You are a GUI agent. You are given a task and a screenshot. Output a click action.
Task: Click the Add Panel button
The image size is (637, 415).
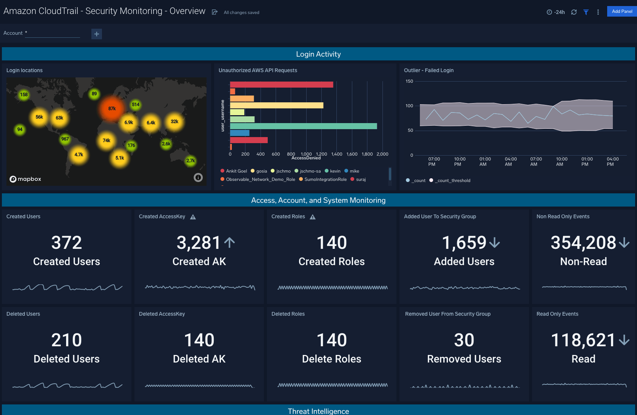pyautogui.click(x=622, y=11)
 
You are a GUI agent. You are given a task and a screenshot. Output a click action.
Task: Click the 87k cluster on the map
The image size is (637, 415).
pyautogui.click(x=112, y=109)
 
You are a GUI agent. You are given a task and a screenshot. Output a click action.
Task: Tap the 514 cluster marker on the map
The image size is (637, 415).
pyautogui.click(x=136, y=105)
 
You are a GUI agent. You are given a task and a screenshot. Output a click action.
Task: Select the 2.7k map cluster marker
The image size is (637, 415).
pyautogui.click(x=191, y=160)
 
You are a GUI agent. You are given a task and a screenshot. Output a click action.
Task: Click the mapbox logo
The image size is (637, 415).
pyautogui.click(x=25, y=179)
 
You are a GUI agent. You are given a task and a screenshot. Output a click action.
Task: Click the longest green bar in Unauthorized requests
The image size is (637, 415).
pyautogui.click(x=303, y=126)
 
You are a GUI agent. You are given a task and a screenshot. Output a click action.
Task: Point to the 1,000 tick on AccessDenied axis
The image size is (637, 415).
pyautogui.click(x=306, y=154)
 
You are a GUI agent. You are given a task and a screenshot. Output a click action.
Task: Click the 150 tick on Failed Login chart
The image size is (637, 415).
pyautogui.click(x=409, y=81)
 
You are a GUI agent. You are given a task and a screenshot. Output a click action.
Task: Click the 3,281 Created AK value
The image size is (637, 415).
pyautogui.click(x=199, y=243)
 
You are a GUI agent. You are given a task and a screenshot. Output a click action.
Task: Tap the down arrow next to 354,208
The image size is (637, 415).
pyautogui.click(x=624, y=242)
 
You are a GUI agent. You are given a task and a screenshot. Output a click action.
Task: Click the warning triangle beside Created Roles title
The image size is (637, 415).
pyautogui.click(x=313, y=217)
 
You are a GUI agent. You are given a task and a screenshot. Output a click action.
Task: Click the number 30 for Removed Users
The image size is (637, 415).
pyautogui.click(x=464, y=340)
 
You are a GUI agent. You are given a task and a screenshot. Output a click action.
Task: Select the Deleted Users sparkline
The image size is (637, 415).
pyautogui.click(x=67, y=386)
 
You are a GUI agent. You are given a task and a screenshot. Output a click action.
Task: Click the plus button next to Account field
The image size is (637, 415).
pyautogui.click(x=97, y=34)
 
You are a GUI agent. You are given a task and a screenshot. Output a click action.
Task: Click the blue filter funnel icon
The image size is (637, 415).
pyautogui.click(x=586, y=12)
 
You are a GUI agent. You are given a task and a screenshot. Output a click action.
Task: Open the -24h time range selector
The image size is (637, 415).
pyautogui.click(x=556, y=12)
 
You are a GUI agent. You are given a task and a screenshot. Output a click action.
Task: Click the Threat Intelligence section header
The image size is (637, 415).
pyautogui.click(x=318, y=411)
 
